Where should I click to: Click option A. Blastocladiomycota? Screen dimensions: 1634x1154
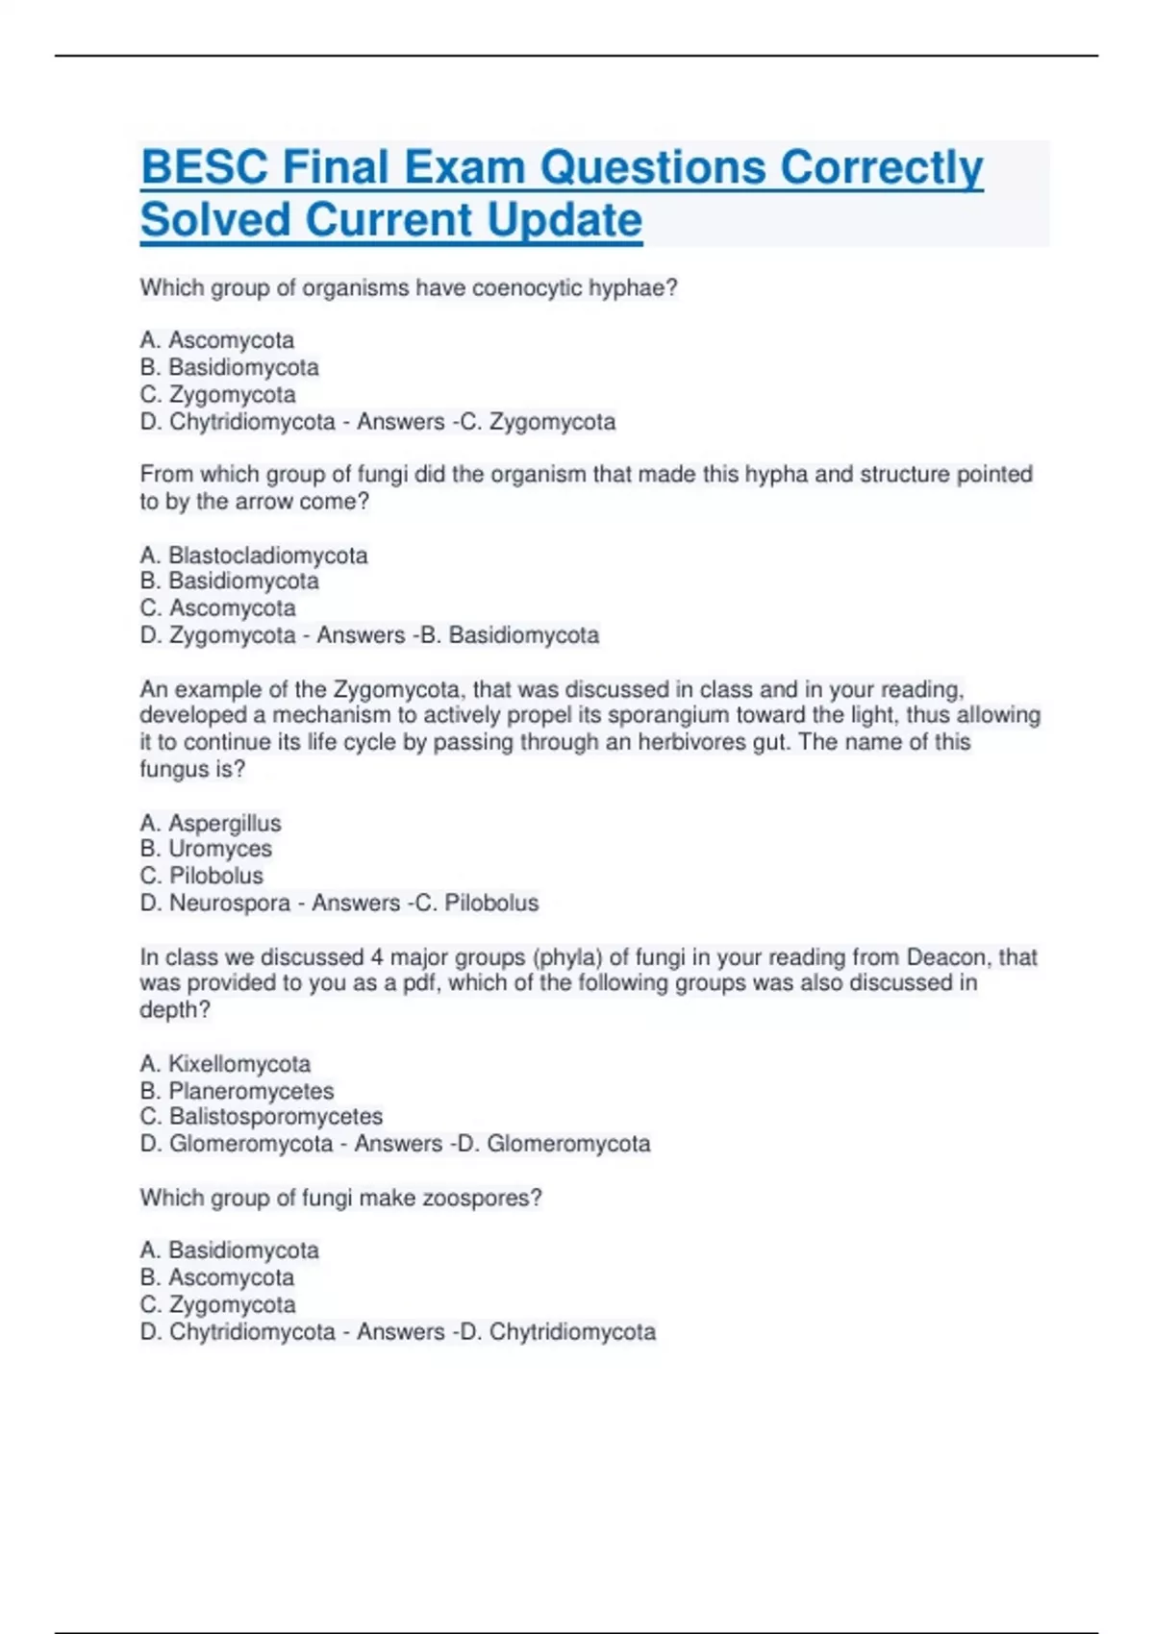click(x=254, y=556)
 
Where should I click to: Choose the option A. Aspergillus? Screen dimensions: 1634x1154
click(x=211, y=824)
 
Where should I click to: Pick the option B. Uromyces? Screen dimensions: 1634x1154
click(x=206, y=850)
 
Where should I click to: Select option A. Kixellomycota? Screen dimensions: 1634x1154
click(x=225, y=1064)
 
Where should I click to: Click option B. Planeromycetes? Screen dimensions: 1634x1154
click(x=237, y=1091)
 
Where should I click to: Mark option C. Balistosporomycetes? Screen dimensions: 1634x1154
click(x=262, y=1117)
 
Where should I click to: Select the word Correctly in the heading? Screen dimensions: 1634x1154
click(x=881, y=167)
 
